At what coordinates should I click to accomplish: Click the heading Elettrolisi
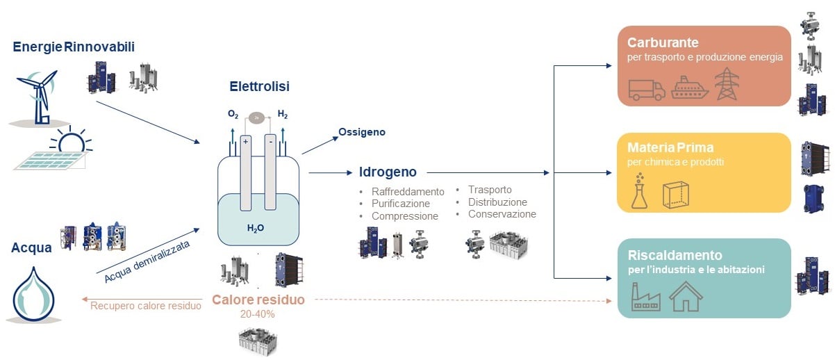coord(259,87)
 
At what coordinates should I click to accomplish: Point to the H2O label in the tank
coord(256,227)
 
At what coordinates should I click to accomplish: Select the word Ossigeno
coord(361,132)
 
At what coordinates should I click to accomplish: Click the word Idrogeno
coord(388,172)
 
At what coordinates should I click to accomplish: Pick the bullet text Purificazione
coord(400,204)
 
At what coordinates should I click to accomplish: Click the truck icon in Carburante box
coord(646,90)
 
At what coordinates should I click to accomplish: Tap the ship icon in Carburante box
coord(689,88)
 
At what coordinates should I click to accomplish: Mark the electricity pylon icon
coord(727,84)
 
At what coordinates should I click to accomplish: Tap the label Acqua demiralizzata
coord(147,261)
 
